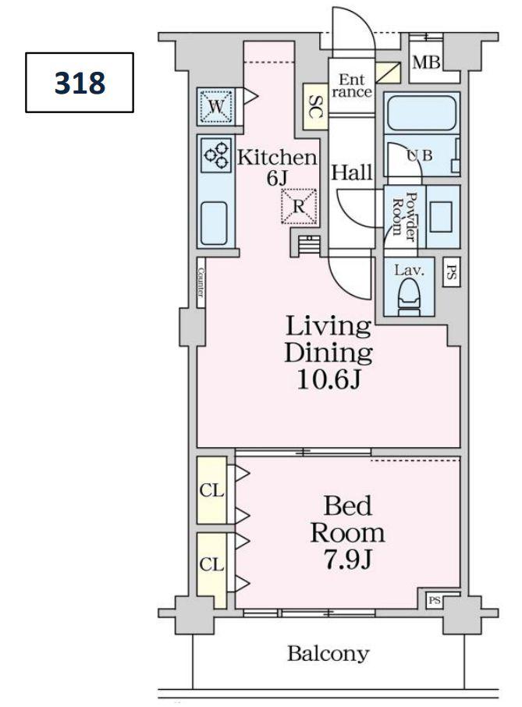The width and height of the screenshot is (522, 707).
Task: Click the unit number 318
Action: pos(80,83)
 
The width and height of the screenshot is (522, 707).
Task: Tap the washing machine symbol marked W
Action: pos(216,107)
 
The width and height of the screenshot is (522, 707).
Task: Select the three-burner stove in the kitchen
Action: pos(216,155)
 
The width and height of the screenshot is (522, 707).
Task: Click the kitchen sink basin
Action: pos(213,222)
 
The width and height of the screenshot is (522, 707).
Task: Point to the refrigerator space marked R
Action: pos(298,207)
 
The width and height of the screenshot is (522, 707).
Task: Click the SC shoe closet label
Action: pos(315,108)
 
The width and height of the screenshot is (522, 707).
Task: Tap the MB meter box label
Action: pos(426,62)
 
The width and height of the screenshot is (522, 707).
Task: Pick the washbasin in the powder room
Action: pos(441,217)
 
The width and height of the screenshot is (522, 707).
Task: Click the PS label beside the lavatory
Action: pos(451,272)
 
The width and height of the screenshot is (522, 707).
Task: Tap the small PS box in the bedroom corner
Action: pos(435,601)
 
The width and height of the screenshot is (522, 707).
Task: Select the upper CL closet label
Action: pos(212,490)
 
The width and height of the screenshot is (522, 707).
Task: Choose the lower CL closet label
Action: pos(212,564)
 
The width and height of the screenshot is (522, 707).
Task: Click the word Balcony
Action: pos(328,654)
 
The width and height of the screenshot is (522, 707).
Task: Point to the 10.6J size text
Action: pos(328,380)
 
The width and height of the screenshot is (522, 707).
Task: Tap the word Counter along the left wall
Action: pos(201,282)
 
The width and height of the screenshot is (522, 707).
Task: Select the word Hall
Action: pos(352,172)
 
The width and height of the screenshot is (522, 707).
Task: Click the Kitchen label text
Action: pos(277,158)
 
